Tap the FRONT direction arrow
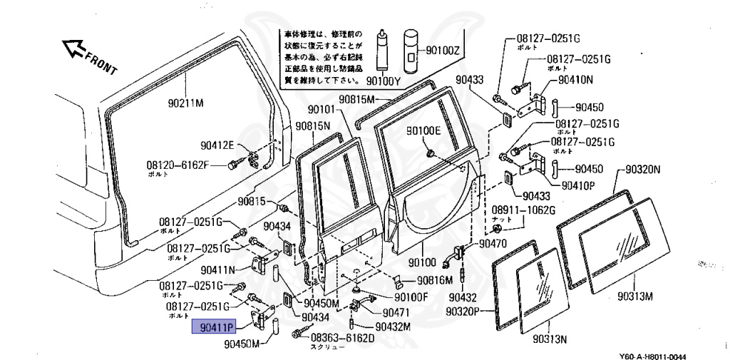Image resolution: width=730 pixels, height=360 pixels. pos(73,50)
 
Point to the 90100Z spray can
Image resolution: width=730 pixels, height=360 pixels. pos(412,51)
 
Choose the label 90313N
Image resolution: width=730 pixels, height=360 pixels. pos(549,339)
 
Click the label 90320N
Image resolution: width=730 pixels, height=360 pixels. pos(644,170)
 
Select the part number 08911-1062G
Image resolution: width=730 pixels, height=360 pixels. pos(523,210)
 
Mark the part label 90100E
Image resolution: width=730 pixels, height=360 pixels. pos(424,130)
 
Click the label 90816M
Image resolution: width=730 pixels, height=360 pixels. pos(435,280)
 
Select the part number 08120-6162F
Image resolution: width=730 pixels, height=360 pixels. pos(178,165)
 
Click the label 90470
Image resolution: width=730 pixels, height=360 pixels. pos(493,243)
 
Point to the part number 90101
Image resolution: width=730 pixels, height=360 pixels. pos(321,110)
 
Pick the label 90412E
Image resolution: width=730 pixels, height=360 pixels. pos(217,145)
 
